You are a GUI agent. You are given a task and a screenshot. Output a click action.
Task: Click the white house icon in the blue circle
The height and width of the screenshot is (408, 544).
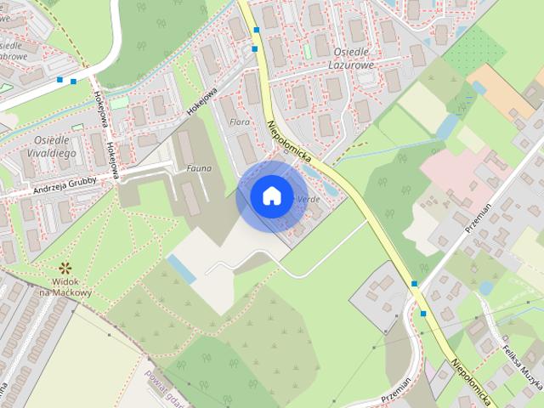point(270,196)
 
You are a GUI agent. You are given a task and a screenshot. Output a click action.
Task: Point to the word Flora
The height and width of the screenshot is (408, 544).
point(240,122)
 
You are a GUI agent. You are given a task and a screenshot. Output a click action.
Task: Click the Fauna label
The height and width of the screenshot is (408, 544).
point(198,168)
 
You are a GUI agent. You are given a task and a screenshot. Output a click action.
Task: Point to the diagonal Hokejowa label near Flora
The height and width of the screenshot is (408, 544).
point(205,100)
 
